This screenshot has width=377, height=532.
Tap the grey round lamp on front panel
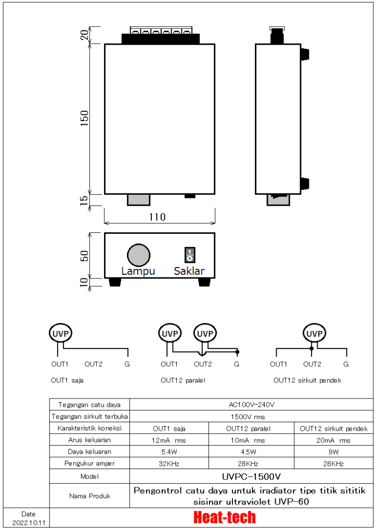pyautogui.click(x=139, y=255)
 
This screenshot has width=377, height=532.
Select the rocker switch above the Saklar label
pyautogui.click(x=190, y=255)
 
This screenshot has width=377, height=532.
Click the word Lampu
pyautogui.click(x=138, y=271)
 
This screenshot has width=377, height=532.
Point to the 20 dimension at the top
pyautogui.click(x=85, y=35)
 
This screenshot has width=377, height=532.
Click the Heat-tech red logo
pyautogui.click(x=224, y=517)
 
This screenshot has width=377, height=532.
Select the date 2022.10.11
pyautogui.click(x=25, y=522)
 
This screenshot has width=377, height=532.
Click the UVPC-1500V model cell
pyautogui.click(x=251, y=476)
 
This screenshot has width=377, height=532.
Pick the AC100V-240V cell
pyautogui.click(x=251, y=404)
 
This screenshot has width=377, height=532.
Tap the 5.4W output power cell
pyautogui.click(x=169, y=451)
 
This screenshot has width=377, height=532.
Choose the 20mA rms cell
pyautogui.click(x=333, y=440)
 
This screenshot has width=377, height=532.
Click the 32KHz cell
pyautogui.click(x=169, y=463)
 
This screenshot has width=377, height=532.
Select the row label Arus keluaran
pyautogui.click(x=89, y=440)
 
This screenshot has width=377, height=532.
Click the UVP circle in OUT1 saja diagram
pyautogui.click(x=60, y=333)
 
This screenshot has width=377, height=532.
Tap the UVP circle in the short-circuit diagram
pyautogui.click(x=314, y=333)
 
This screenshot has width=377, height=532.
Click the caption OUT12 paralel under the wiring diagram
pyautogui.click(x=183, y=380)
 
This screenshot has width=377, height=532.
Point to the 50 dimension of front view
pyautogui.click(x=85, y=256)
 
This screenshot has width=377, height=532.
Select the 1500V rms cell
pyautogui.click(x=251, y=416)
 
